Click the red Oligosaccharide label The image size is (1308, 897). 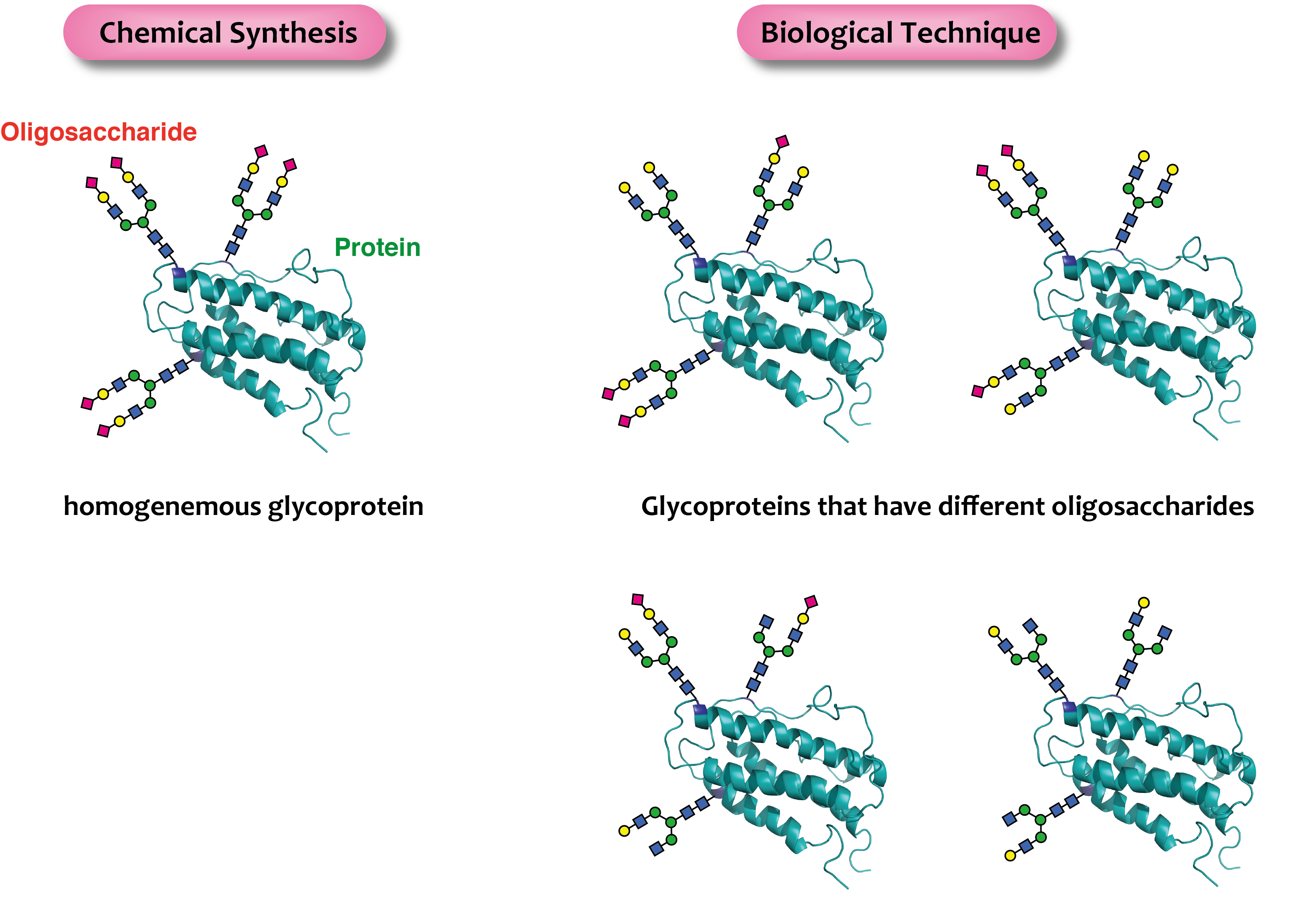point(98,132)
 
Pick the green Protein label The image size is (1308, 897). point(377,248)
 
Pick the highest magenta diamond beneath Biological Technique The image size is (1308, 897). point(782,141)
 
